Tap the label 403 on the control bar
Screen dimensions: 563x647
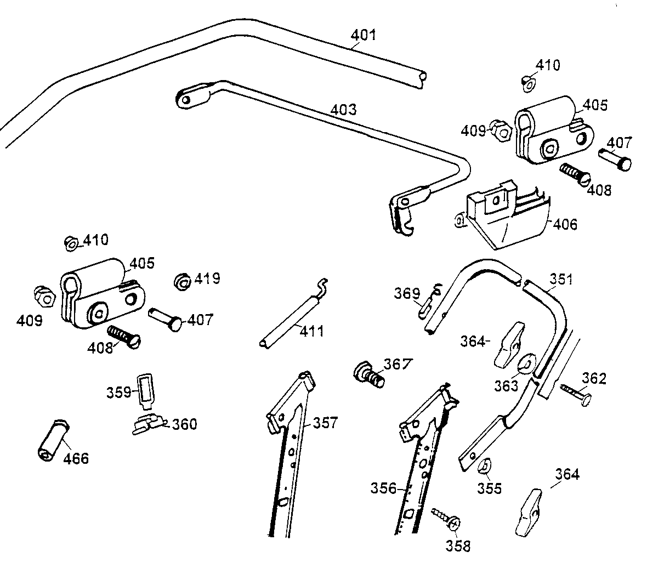point(343,110)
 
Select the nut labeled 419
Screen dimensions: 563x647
point(181,282)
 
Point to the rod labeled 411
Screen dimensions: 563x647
point(290,318)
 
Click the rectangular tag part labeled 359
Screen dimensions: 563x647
point(145,390)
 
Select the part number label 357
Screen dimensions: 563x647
point(326,423)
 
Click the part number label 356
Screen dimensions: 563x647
point(383,488)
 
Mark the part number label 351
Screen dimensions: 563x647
point(561,280)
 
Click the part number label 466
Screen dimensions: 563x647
point(76,458)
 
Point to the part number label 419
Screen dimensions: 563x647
point(208,279)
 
